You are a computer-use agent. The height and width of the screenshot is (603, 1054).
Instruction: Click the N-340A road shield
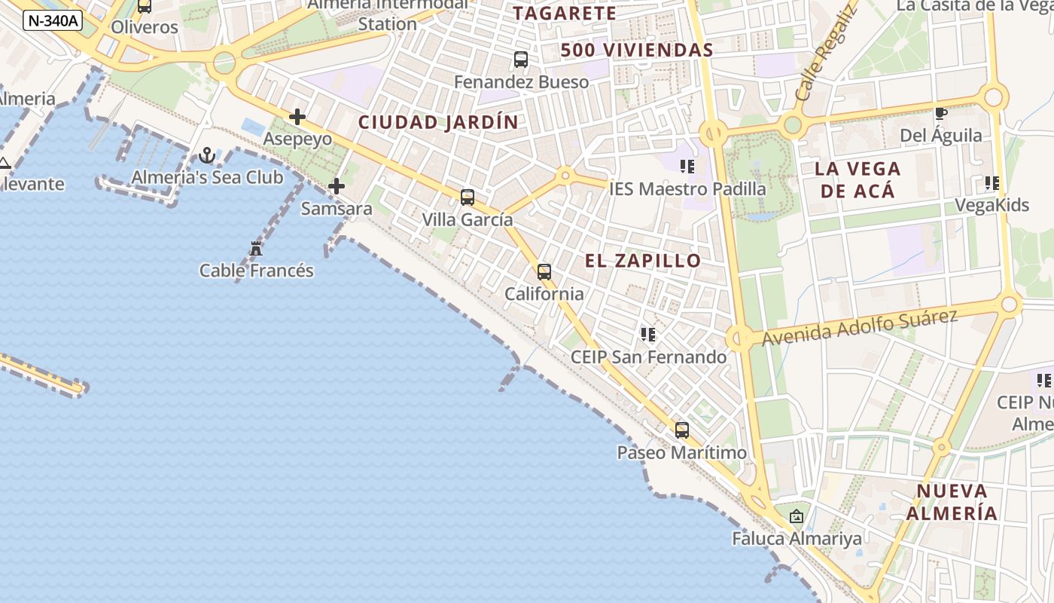click(x=52, y=20)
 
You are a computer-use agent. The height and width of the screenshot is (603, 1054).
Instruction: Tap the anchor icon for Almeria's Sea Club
click(x=207, y=156)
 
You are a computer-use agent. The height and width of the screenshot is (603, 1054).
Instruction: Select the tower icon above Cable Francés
click(x=256, y=248)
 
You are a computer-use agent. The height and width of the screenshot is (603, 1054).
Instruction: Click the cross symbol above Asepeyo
click(x=297, y=117)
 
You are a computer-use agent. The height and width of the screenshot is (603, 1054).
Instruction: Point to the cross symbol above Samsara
click(x=337, y=186)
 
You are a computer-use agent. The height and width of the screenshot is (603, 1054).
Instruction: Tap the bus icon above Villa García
click(x=468, y=197)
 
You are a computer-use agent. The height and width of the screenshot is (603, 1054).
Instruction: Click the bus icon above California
click(x=544, y=272)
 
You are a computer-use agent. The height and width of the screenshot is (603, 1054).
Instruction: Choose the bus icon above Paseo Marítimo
click(x=682, y=430)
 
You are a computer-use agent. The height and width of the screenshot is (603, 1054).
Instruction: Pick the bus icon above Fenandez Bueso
click(x=521, y=60)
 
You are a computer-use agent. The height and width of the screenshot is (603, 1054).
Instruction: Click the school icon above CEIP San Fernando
click(x=648, y=334)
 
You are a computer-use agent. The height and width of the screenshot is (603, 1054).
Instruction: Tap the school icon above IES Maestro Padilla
click(x=687, y=166)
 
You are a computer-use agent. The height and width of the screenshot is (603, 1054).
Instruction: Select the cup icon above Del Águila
click(x=940, y=114)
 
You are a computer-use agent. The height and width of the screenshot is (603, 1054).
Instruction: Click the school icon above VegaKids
click(x=992, y=182)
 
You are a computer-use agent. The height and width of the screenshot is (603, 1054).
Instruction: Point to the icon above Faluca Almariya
click(x=797, y=516)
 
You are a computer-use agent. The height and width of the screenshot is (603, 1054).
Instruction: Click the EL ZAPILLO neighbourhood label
click(x=643, y=261)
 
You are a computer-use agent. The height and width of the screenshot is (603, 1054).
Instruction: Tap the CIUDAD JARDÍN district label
click(x=438, y=122)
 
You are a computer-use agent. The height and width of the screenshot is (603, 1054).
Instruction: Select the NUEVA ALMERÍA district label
click(x=952, y=502)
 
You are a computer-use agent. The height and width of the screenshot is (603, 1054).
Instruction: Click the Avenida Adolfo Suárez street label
click(x=859, y=328)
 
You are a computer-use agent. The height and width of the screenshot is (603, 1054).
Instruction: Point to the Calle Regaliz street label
click(x=826, y=53)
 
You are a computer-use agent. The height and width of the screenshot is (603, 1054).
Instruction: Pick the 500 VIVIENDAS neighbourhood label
click(x=636, y=51)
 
